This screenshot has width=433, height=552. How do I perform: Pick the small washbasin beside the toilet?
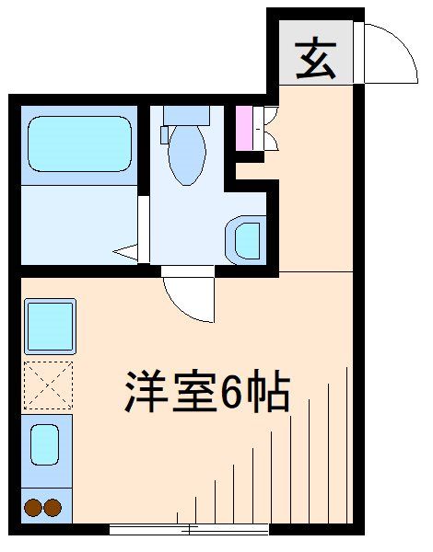point(247,239)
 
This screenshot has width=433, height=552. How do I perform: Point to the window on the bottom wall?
point(189,529)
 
